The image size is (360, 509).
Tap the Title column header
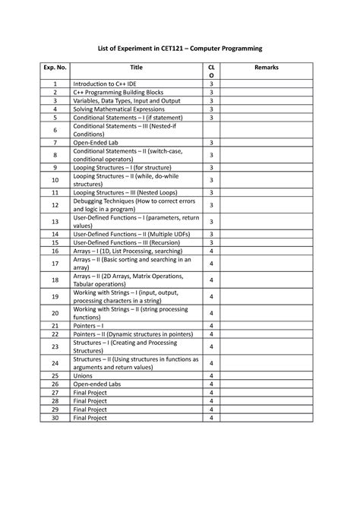(136, 68)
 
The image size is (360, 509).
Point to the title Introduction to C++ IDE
(107, 84)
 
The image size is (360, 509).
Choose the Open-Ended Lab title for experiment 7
(94, 143)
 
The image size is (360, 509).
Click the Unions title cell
(83, 376)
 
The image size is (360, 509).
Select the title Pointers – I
(88, 324)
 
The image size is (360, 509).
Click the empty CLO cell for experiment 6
(211, 130)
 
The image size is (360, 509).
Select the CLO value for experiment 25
(211, 376)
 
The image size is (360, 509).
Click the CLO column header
(211, 71)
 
